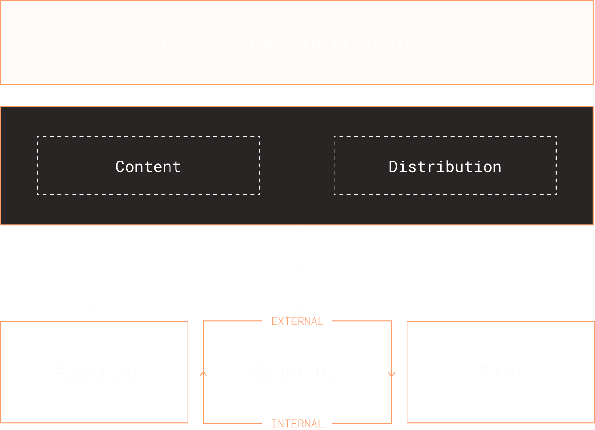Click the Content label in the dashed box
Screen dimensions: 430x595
148,166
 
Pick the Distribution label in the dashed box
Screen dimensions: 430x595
445,166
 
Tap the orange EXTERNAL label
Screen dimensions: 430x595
297,321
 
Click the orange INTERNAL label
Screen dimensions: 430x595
297,423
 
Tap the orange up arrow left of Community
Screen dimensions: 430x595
203,374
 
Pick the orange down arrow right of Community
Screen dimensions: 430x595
392,374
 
